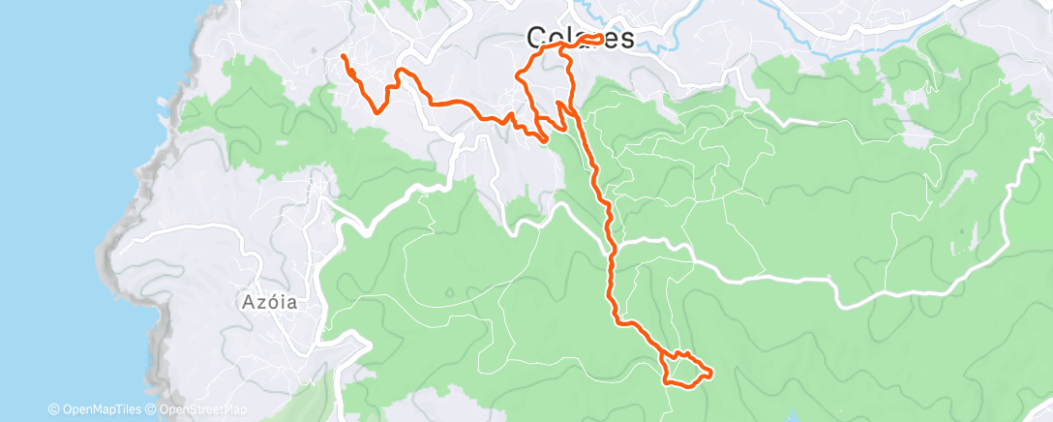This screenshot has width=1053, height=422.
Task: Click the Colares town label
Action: (580, 39)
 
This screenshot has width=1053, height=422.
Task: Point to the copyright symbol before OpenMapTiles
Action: (54, 410)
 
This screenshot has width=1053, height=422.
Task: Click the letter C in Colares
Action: (535, 39)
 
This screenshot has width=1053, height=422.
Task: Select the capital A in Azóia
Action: (245, 302)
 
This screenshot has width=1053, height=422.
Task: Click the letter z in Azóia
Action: (258, 303)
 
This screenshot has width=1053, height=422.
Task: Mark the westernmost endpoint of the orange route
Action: (344, 57)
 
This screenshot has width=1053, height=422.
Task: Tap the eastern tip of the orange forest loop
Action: (711, 372)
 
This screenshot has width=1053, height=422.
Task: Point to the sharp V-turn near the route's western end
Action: (376, 110)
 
